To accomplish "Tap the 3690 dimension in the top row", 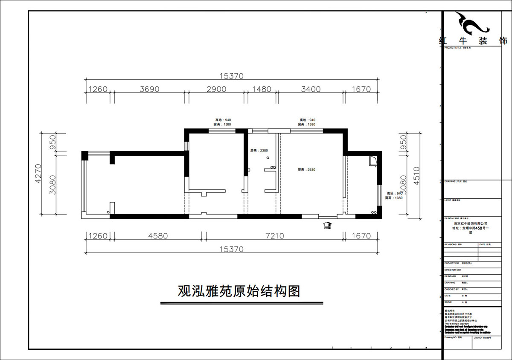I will click(149, 89).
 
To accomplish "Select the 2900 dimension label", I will click(216, 89).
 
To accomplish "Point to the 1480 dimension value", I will click(262, 89).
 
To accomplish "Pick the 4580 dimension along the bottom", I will click(157, 235).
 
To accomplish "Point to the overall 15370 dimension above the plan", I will click(231, 76).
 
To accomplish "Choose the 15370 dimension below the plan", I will click(231, 249).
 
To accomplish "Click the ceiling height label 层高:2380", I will click(259, 150).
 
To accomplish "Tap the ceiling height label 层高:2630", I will click(306, 169).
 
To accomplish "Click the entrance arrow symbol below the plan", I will click(327, 225).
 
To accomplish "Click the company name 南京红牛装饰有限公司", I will click(471, 223).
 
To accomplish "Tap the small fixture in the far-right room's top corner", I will click(373, 160).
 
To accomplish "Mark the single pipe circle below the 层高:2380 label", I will click(268, 158).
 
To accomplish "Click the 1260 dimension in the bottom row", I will click(98, 235).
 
